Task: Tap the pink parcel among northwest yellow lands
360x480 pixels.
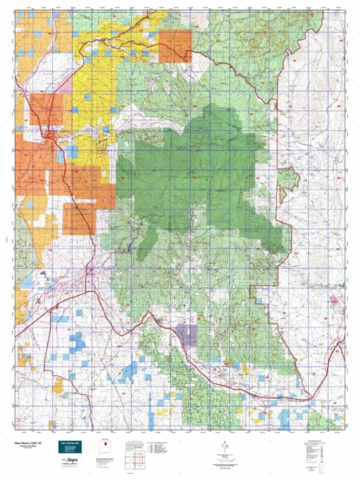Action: coord(64,86)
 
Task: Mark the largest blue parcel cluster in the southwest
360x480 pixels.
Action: coord(77,344)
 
